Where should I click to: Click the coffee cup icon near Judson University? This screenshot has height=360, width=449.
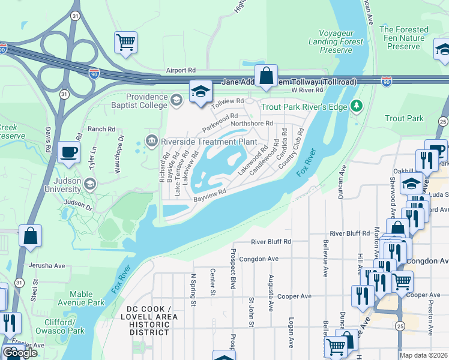(x=69, y=152)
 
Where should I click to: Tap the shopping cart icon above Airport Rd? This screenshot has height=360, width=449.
(x=126, y=43)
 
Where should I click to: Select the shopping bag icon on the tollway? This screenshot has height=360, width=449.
(x=267, y=76)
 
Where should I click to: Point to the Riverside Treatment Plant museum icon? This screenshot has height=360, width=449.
(x=151, y=142)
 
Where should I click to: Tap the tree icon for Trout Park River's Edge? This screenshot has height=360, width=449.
(x=357, y=106)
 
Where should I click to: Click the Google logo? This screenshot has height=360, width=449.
(x=20, y=353)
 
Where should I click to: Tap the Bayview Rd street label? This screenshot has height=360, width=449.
(x=209, y=194)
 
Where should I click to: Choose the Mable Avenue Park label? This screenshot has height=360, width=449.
(x=81, y=298)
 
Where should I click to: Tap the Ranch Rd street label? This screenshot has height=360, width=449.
(x=101, y=129)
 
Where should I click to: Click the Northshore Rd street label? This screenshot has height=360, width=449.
(x=252, y=123)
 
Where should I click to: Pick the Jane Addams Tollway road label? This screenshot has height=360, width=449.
(x=289, y=82)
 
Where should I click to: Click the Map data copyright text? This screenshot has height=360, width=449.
(x=424, y=355)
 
